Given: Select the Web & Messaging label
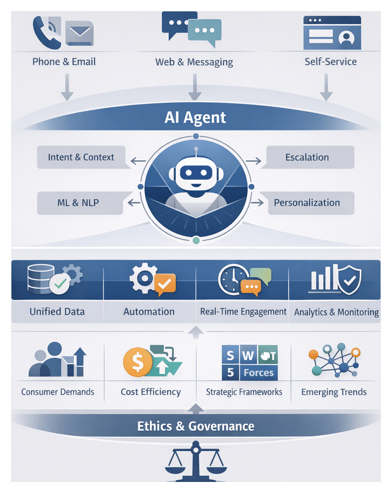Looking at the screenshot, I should pyautogui.click(x=194, y=62).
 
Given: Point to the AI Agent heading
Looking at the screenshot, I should pyautogui.click(x=195, y=117).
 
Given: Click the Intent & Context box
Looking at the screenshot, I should pyautogui.click(x=81, y=158).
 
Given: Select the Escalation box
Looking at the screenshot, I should pyautogui.click(x=307, y=158).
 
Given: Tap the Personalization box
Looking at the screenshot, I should pyautogui.click(x=307, y=203).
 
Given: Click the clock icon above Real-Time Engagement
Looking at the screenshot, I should pyautogui.click(x=230, y=279).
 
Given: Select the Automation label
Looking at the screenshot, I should pyautogui.click(x=149, y=312).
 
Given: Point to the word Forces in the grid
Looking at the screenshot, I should pyautogui.click(x=258, y=373).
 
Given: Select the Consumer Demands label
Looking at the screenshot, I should pyautogui.click(x=58, y=392).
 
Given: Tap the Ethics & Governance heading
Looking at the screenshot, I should pyautogui.click(x=196, y=426).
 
